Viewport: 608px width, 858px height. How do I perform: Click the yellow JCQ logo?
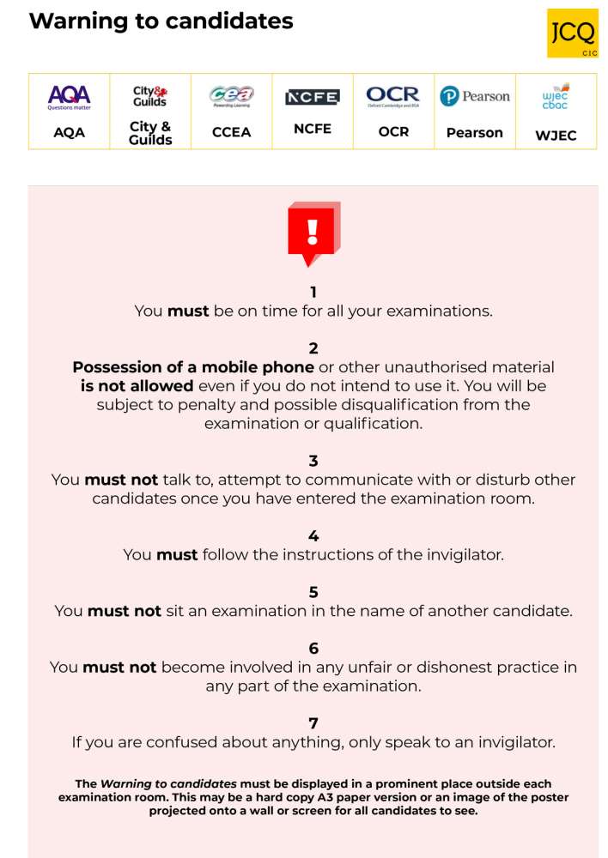(x=572, y=33)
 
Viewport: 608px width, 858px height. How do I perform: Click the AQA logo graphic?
(x=69, y=97)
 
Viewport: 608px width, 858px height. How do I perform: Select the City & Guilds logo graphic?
(x=149, y=96)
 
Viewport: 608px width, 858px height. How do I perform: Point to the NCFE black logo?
(x=312, y=97)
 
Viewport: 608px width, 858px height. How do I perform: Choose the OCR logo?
(x=392, y=96)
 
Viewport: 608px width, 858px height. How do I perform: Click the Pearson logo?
(x=474, y=96)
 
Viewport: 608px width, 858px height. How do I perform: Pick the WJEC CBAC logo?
(x=556, y=96)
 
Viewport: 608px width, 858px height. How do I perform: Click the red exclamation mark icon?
(x=313, y=233)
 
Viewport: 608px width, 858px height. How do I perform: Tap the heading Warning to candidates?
(x=161, y=21)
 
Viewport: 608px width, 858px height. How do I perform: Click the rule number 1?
(x=313, y=293)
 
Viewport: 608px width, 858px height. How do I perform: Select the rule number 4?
(x=313, y=536)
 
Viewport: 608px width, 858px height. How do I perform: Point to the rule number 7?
(x=313, y=723)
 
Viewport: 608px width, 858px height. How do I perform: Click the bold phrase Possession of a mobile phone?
(x=193, y=367)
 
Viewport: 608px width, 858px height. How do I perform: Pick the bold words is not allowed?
(x=137, y=386)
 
